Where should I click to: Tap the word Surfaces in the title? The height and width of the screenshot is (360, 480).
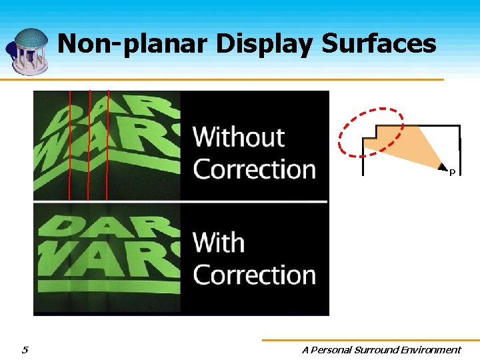coord(379,44)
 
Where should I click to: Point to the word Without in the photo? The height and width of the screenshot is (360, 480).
coord(239,137)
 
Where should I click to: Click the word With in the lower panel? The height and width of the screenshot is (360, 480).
coord(219,243)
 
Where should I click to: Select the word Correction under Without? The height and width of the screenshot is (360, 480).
coord(254,169)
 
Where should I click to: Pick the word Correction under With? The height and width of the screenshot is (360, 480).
coord(254,275)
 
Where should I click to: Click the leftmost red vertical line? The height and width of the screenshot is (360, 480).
coord(69,143)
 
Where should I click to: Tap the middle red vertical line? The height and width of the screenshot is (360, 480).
coord(89,143)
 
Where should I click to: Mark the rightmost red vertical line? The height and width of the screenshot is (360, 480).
coord(107,143)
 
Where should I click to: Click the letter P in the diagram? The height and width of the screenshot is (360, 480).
coord(452,173)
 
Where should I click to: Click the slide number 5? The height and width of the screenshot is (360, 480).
coord(25,349)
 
